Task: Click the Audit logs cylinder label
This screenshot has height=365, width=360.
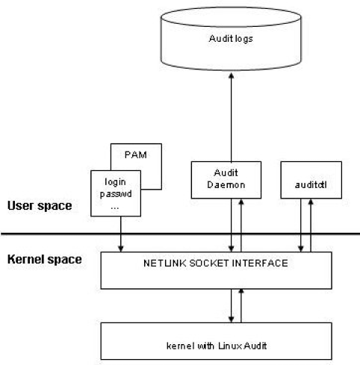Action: click(231, 39)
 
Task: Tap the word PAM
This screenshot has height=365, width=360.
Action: click(136, 155)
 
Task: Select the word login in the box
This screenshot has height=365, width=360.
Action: click(115, 182)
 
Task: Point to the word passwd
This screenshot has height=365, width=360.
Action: click(116, 194)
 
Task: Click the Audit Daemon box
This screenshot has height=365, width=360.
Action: click(226, 180)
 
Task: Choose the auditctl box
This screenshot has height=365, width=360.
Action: click(311, 180)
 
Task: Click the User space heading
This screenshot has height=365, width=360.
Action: click(40, 206)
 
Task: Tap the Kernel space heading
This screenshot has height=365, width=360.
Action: click(45, 259)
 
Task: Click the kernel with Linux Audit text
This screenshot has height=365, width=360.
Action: click(217, 346)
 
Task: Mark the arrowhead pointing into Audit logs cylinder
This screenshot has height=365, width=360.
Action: click(232, 76)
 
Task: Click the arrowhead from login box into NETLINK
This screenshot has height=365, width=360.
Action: click(121, 249)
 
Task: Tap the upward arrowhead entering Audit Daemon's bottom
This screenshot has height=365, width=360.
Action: click(241, 202)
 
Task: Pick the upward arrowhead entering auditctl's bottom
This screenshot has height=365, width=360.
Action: click(311, 202)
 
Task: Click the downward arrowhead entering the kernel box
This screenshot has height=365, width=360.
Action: click(232, 319)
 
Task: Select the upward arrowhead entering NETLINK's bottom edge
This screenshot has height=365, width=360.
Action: click(241, 292)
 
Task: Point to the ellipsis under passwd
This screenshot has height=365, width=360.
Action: click(115, 208)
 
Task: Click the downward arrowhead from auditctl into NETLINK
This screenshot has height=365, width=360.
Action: click(301, 249)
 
